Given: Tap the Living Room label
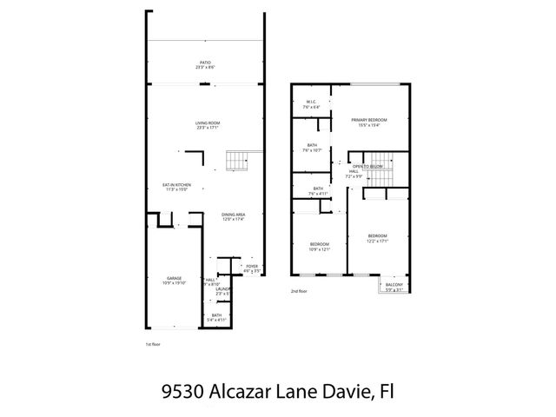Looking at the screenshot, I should (x=206, y=125).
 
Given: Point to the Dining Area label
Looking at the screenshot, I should (x=232, y=216).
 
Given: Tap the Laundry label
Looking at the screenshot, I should (x=222, y=290).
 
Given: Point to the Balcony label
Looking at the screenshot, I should (x=394, y=288).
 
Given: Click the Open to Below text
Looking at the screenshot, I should (x=368, y=166).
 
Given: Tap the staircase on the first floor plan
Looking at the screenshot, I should (x=238, y=162).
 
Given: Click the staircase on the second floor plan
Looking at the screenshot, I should (x=382, y=175).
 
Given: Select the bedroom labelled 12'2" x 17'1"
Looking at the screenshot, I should (x=377, y=238).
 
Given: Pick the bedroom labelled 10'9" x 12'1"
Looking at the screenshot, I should (x=320, y=247).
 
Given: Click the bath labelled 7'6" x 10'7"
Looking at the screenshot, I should (x=311, y=148).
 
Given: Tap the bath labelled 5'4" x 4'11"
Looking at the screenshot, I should (x=216, y=317).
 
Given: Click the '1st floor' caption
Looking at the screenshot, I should (x=153, y=345).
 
